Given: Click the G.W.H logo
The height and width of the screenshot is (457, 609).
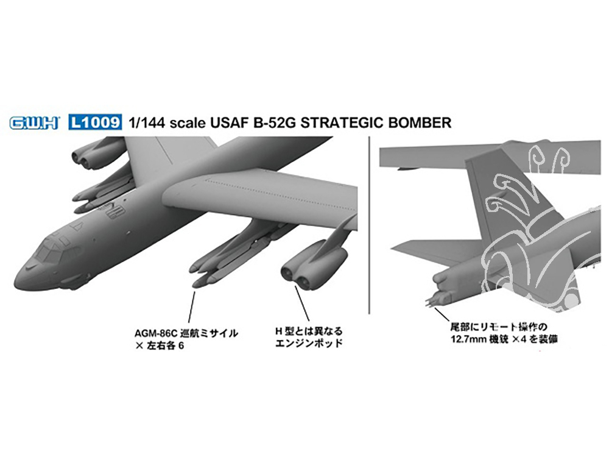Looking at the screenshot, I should coord(34,123).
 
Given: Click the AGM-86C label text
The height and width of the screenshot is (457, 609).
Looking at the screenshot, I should coord(157,333).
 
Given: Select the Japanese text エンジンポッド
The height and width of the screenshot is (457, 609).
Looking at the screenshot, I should coord(309,343).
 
